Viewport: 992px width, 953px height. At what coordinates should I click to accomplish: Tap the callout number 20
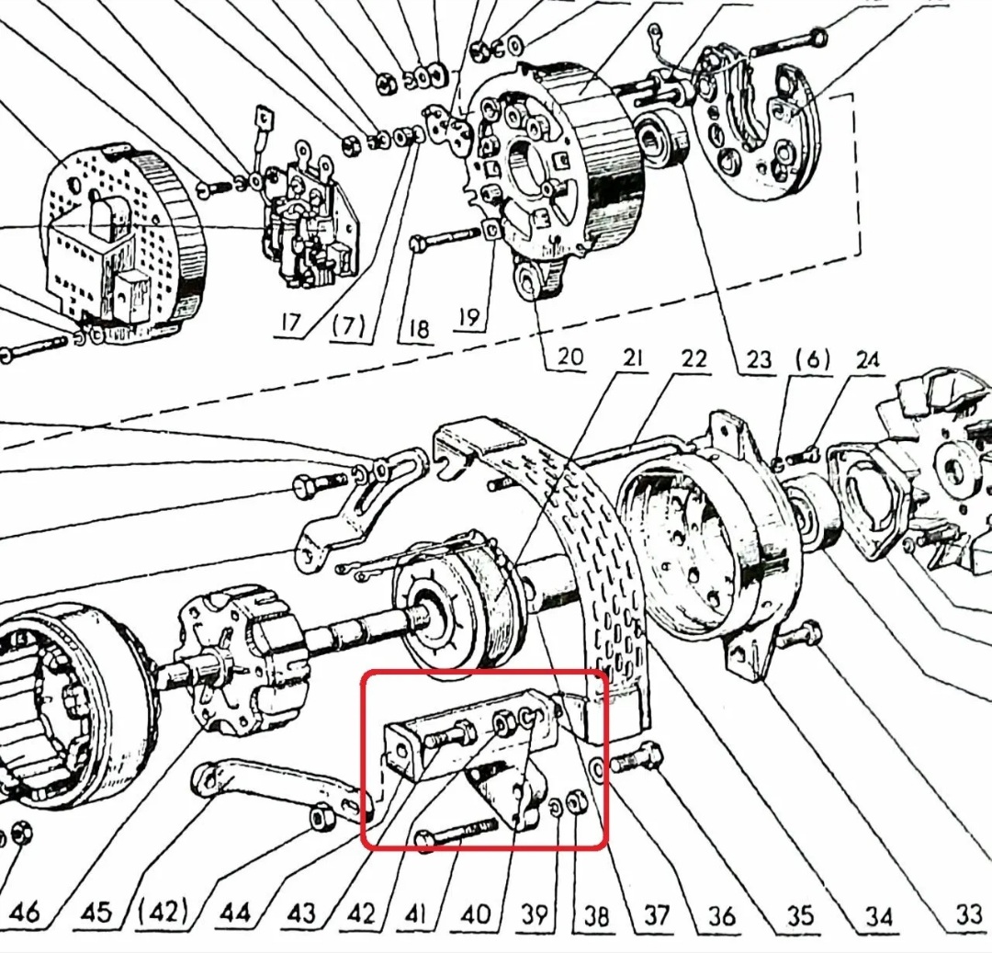(569, 356)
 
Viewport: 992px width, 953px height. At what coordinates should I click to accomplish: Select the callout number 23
(759, 358)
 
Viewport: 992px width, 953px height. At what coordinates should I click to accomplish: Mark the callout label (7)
(348, 326)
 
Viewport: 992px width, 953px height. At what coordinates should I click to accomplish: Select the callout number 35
(800, 915)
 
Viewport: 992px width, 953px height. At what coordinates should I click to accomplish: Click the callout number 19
(468, 318)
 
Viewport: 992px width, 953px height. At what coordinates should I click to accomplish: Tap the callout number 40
(475, 913)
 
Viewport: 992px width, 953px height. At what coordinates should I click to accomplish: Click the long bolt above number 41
(455, 833)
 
